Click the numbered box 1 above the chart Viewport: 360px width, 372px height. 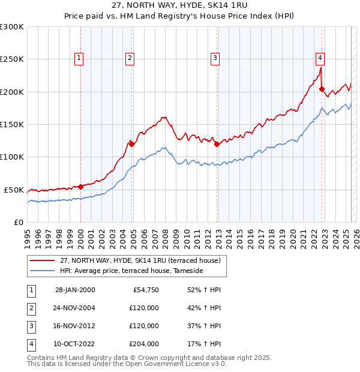pyautogui.click(x=79, y=58)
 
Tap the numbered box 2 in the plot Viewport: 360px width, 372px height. pyautogui.click(x=130, y=58)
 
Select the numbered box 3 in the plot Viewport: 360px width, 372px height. pyautogui.click(x=215, y=58)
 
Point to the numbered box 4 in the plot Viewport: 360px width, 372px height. pyautogui.click(x=320, y=58)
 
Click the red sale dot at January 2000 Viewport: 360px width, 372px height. pyautogui.click(x=80, y=187)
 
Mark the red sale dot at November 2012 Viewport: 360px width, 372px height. pyautogui.click(x=217, y=144)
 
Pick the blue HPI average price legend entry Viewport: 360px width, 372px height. pyautogui.click(x=131, y=271)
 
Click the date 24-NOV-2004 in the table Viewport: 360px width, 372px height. pyautogui.click(x=75, y=308)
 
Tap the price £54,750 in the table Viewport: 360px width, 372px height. pyautogui.click(x=144, y=290)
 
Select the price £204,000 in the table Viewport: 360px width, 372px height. pyautogui.click(x=144, y=344)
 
